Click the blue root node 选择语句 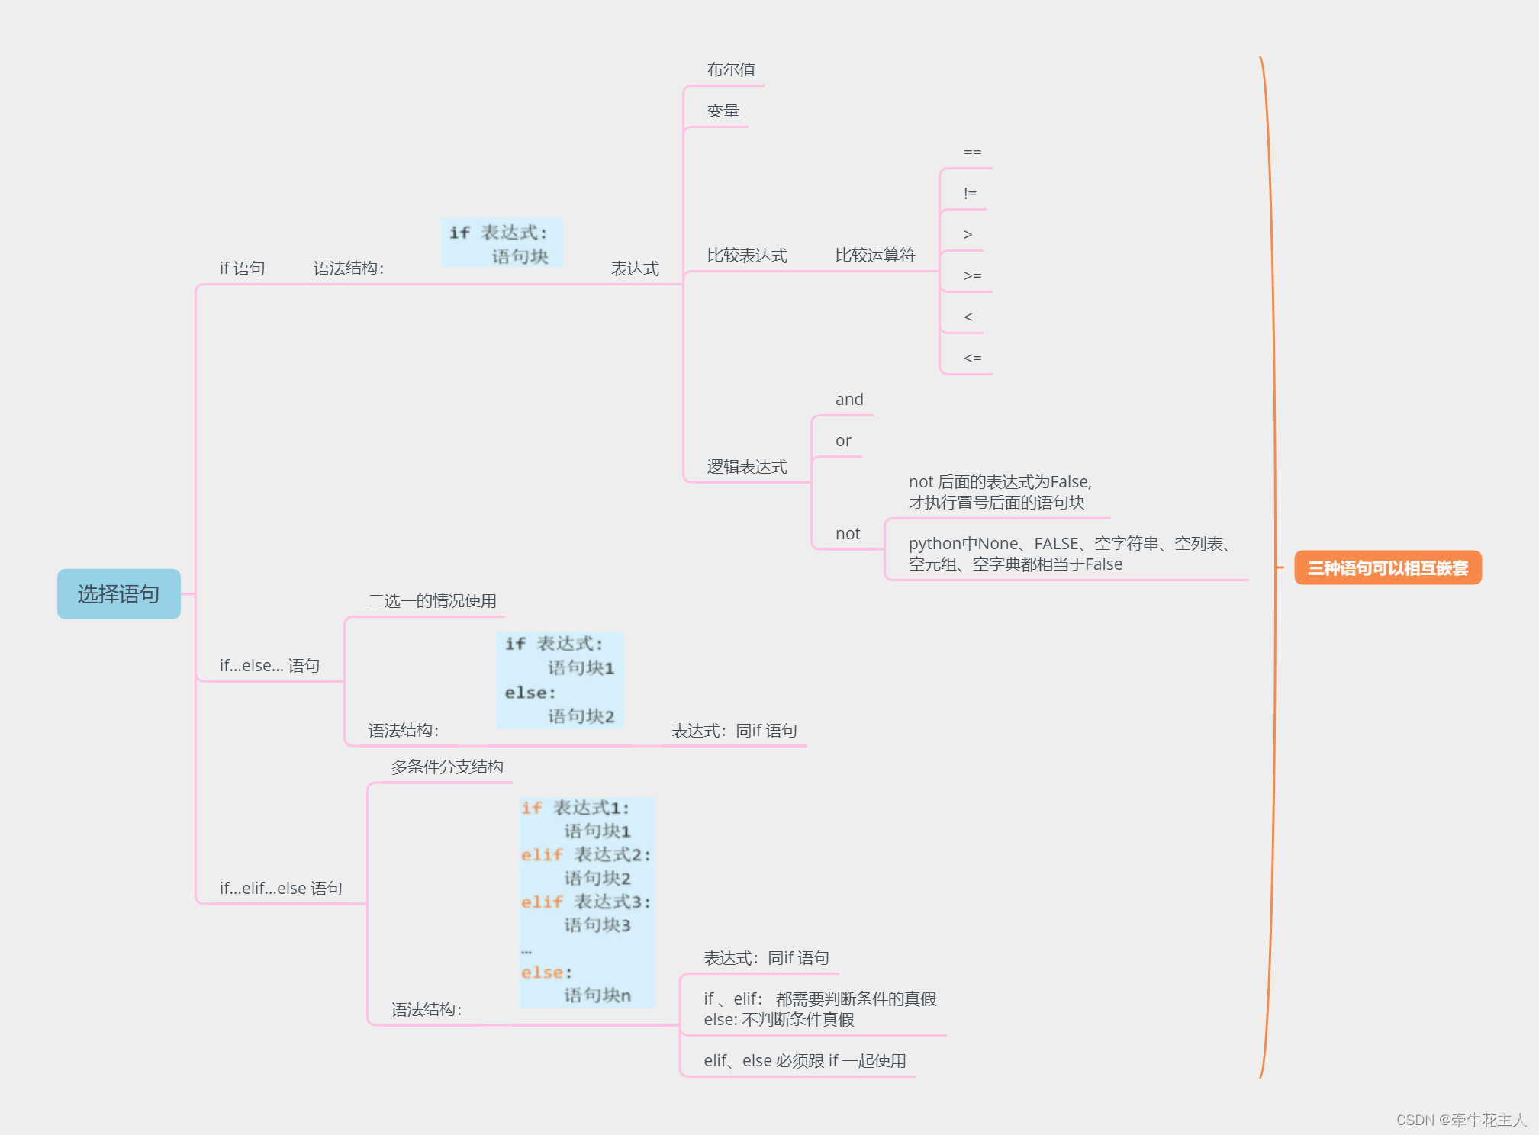[x=118, y=593]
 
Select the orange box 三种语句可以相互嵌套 [x=1387, y=567]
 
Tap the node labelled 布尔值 [x=730, y=70]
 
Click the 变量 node [x=723, y=111]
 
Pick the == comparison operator [x=972, y=153]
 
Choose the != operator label [x=970, y=194]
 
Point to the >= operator [x=972, y=276]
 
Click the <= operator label [x=972, y=359]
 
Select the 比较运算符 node [x=874, y=255]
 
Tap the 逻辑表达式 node [x=746, y=467]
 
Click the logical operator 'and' [x=848, y=400]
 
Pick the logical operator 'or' [x=842, y=441]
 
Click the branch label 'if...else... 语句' [x=269, y=665]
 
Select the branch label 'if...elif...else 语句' [x=281, y=888]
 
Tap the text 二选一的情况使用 [x=432, y=601]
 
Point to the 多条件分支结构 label [x=446, y=767]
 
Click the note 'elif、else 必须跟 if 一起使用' [x=804, y=1060]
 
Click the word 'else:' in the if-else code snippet [x=530, y=693]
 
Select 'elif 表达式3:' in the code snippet [x=585, y=902]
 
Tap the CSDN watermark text [x=1460, y=1119]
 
